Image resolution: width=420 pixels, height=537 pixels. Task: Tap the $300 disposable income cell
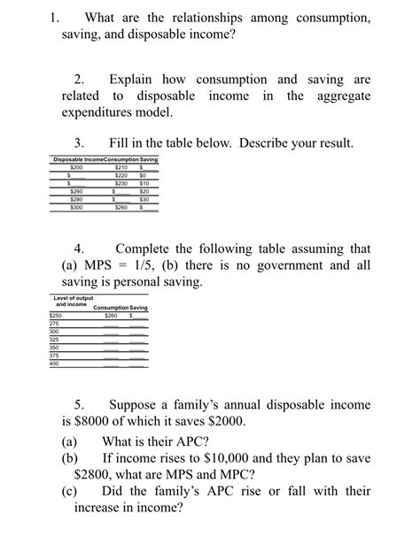pos(76,208)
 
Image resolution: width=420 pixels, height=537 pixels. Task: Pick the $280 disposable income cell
pos(76,200)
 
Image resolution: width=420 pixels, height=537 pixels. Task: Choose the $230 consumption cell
pos(121,184)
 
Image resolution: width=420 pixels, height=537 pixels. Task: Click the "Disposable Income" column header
pos(78,159)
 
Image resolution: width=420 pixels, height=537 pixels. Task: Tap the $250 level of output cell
pos(56,316)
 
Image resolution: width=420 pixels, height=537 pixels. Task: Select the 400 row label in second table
pos(54,364)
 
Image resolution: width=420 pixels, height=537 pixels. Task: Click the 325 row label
pos(54,340)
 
